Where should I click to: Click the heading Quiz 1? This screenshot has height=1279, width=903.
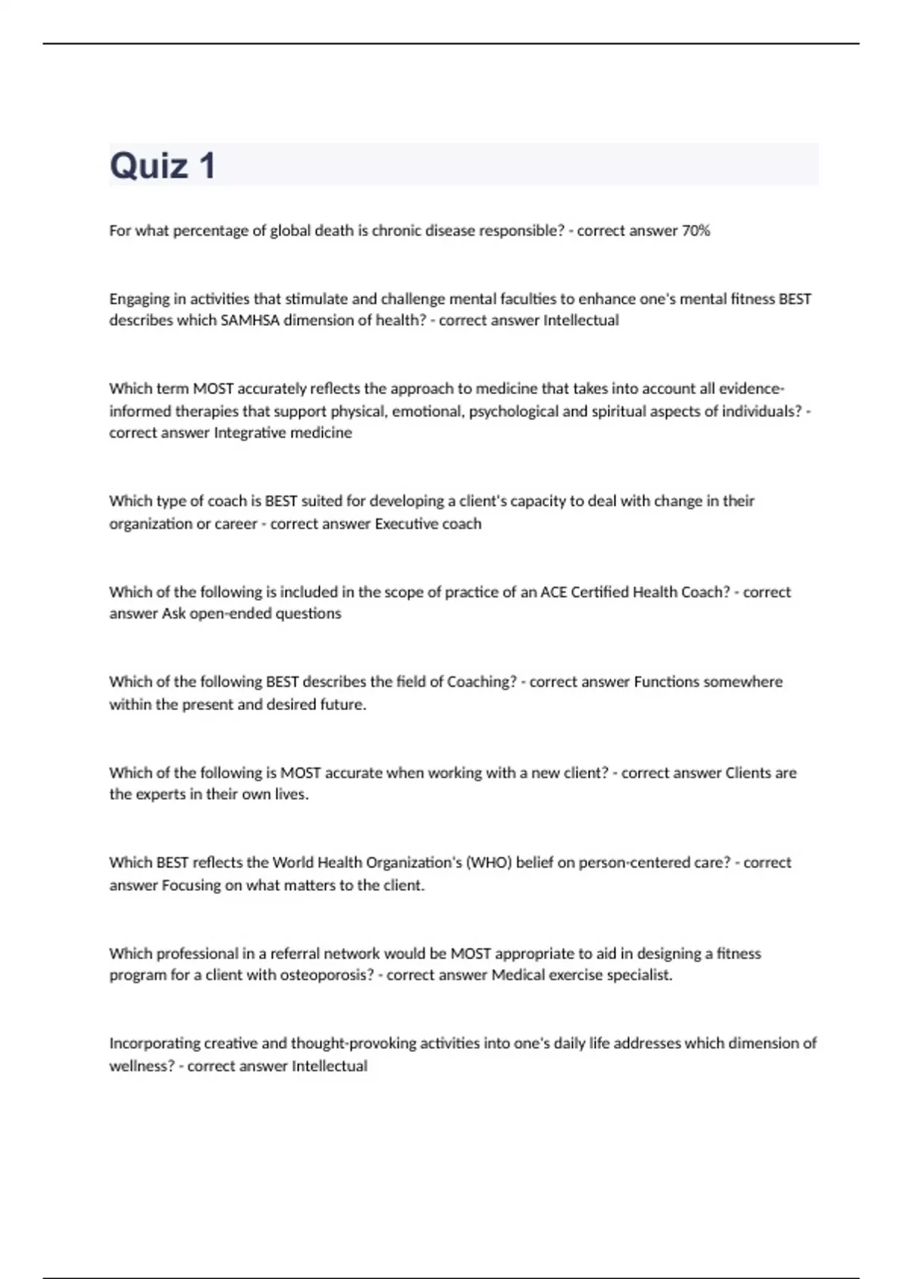[x=163, y=166]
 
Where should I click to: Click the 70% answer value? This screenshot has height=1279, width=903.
[x=696, y=231]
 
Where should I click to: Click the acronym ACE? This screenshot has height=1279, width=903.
[x=554, y=592]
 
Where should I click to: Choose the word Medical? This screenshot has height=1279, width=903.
[x=518, y=975]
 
